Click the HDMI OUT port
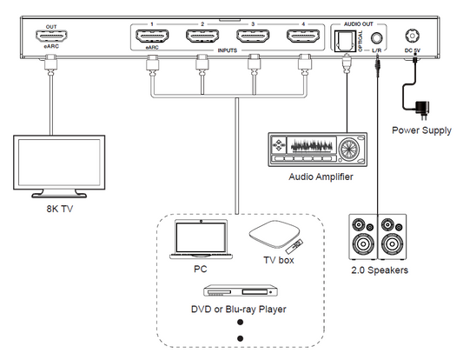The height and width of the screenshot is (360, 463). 51,37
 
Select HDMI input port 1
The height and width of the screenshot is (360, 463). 151,37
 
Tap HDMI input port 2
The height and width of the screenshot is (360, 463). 202,37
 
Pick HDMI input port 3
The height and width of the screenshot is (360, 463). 253,37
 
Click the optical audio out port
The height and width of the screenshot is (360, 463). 347,39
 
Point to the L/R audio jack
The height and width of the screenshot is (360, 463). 376,38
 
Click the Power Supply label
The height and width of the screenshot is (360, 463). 420,130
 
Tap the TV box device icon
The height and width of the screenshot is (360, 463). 275,234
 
